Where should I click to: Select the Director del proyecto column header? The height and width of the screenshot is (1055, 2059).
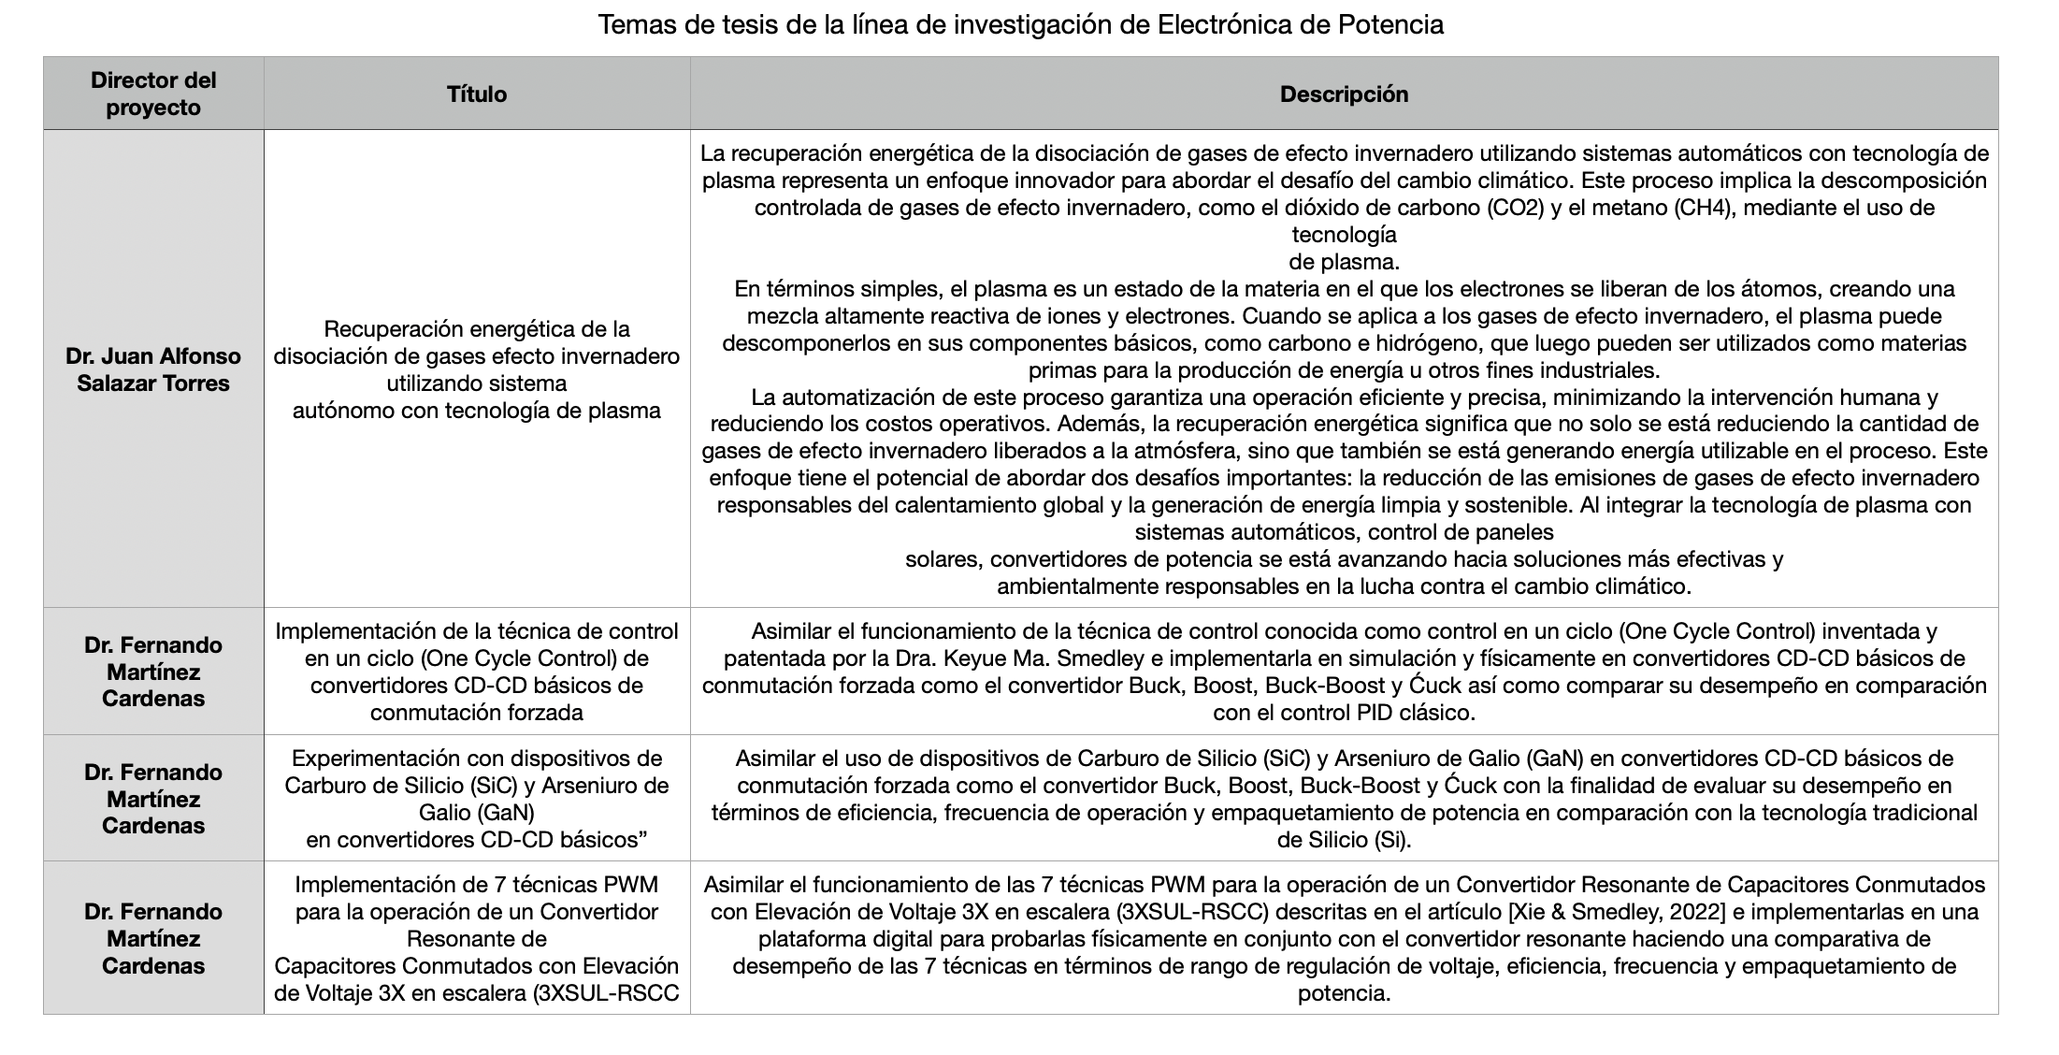(153, 94)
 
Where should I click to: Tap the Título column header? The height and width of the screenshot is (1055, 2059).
(477, 94)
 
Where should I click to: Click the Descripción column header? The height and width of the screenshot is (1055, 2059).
(1344, 94)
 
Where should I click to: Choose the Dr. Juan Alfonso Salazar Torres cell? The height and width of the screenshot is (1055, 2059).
(153, 369)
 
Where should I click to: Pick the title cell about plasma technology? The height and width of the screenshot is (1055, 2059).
(477, 369)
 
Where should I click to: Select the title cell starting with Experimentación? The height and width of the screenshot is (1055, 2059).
(477, 798)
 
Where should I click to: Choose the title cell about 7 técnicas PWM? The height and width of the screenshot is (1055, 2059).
(477, 938)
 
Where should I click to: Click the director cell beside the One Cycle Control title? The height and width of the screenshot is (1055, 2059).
(153, 672)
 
